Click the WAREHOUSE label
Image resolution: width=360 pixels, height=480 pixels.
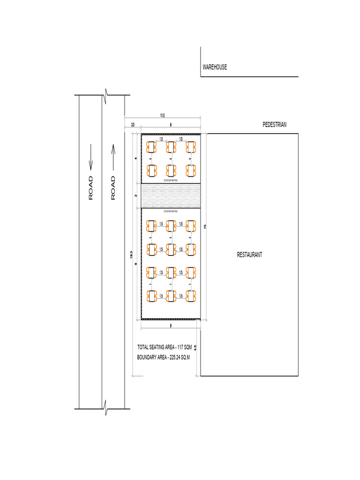[215, 67]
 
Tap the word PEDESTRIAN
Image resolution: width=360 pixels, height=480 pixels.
[274, 125]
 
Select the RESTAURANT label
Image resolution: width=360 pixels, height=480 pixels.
[249, 255]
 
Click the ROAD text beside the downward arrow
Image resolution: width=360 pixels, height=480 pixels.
[91, 187]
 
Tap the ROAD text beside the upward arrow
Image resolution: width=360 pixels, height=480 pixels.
[113, 187]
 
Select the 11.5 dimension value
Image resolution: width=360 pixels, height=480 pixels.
[162, 115]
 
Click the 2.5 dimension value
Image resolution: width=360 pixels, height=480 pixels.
[133, 125]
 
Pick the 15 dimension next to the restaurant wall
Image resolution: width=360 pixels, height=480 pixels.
[205, 226]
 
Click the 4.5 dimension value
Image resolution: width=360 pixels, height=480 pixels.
[195, 348]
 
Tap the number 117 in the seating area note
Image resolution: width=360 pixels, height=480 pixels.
[179, 347]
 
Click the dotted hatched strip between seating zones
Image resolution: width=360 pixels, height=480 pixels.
[171, 195]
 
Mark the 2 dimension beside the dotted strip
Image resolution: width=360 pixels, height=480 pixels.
[136, 195]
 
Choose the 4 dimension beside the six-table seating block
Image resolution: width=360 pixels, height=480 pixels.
[136, 158]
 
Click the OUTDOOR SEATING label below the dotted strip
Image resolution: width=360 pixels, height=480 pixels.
[170, 211]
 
